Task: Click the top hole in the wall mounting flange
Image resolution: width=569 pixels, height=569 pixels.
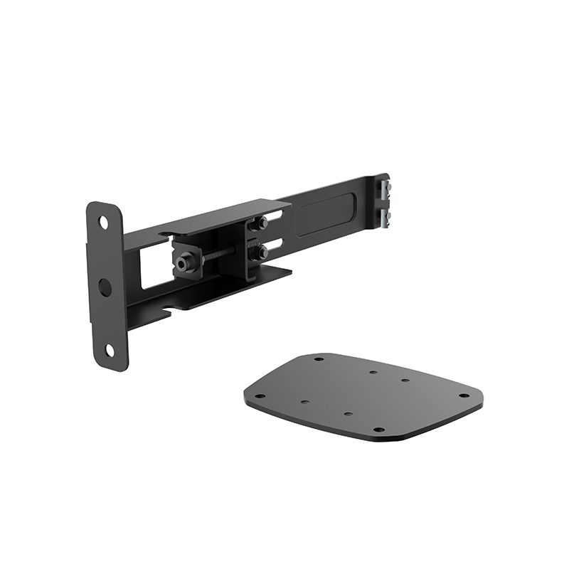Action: (x=104, y=223)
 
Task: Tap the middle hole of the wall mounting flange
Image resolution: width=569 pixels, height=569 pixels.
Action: (x=105, y=287)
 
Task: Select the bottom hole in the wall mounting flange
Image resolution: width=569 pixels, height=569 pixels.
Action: (x=108, y=350)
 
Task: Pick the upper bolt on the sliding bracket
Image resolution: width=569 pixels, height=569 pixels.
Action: (x=262, y=223)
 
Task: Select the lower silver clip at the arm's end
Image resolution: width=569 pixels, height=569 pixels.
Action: (x=386, y=216)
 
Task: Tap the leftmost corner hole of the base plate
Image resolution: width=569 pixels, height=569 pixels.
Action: (x=260, y=396)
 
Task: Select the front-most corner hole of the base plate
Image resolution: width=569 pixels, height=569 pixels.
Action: (x=378, y=430)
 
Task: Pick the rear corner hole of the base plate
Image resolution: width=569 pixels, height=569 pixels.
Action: (x=319, y=359)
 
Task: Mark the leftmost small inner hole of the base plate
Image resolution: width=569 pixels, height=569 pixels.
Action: (x=304, y=403)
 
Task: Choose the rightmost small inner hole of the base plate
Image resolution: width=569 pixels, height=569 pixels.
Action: (x=404, y=381)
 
